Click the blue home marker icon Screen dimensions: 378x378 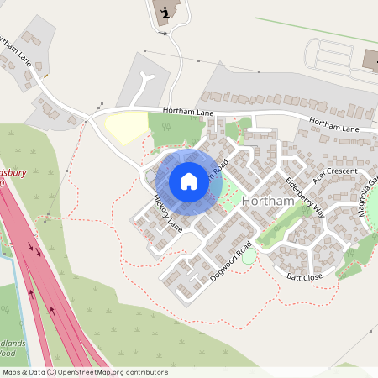189,181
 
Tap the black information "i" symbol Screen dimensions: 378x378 165,12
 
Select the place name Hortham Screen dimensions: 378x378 266,202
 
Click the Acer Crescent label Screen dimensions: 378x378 334,176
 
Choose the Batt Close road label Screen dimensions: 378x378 304,276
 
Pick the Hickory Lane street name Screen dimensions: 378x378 167,214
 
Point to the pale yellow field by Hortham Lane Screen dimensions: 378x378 125,129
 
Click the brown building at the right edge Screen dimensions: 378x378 370,60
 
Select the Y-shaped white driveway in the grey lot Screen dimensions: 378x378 149,85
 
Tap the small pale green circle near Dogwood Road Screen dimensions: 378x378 249,255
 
